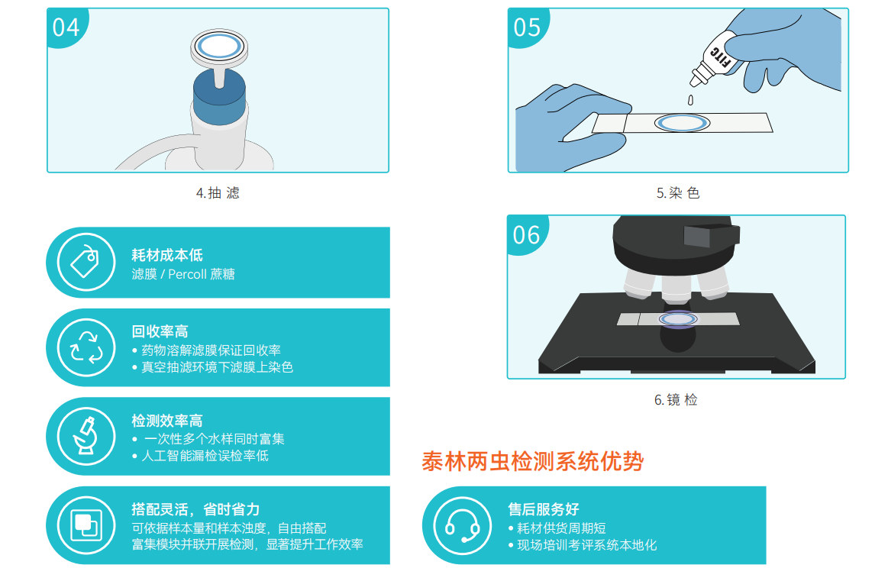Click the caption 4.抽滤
click(x=218, y=193)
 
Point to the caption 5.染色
click(x=679, y=193)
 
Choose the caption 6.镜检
click(x=676, y=400)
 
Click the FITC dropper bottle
click(x=717, y=59)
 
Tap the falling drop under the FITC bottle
click(x=690, y=100)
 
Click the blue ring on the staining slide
click(x=682, y=123)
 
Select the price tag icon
click(x=86, y=262)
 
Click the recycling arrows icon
click(x=86, y=347)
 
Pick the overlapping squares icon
click(x=86, y=525)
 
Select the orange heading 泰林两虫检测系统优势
click(x=533, y=461)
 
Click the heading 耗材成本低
click(x=167, y=255)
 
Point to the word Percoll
click(x=188, y=274)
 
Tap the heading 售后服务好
click(x=544, y=509)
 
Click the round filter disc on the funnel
click(x=219, y=47)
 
